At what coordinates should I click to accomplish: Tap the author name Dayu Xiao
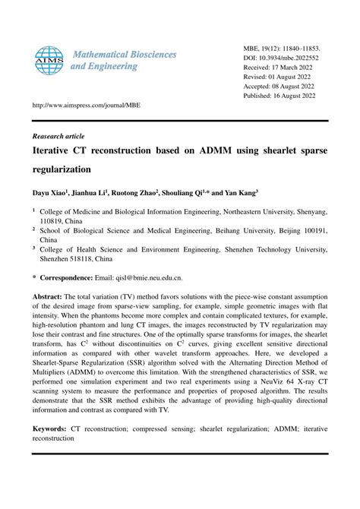(x=49, y=193)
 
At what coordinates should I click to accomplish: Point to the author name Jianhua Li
(x=90, y=193)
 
